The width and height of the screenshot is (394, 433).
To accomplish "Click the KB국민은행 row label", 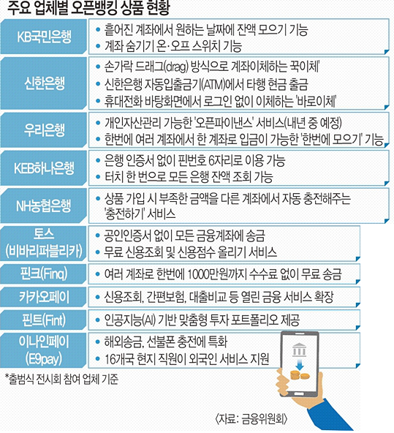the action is pos(44,37).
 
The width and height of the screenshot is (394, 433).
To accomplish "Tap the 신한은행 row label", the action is pos(45,83).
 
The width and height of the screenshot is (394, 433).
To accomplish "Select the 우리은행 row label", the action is pos(45,129).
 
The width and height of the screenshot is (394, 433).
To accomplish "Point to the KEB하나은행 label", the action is pos(44,167).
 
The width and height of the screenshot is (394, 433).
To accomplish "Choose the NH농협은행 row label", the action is pos(44,206).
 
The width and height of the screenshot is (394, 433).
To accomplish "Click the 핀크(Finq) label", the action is pos(44,274).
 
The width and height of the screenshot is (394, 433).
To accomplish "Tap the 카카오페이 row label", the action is pos(44,297).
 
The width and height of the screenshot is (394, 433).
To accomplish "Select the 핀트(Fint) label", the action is pos(44,320).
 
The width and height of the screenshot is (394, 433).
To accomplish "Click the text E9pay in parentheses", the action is pos(44,359).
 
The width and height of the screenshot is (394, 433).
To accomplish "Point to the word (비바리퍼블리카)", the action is pos(44,251).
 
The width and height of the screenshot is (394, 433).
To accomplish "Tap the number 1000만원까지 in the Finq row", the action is pos(216,274).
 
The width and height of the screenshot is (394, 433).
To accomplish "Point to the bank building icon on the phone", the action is pos(299,349).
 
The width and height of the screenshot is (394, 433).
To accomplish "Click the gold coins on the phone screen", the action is pos(300,375).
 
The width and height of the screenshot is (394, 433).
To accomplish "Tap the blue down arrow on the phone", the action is pos(300,365).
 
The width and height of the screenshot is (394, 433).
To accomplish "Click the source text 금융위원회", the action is pos(262,419).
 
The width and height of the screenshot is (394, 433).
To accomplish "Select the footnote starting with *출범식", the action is pos(62,380).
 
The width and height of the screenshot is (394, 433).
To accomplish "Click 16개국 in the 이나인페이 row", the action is pos(119,359).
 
